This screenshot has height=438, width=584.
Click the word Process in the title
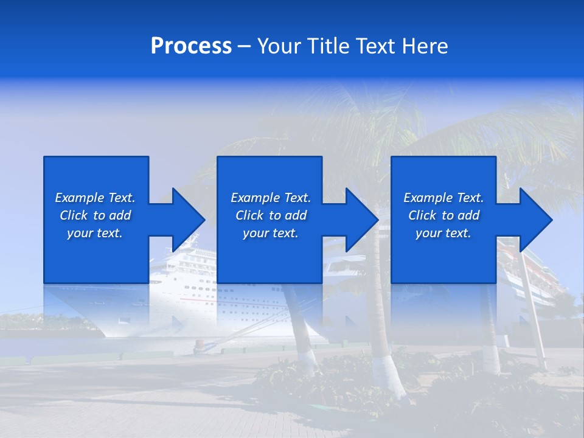pyautogui.click(x=191, y=46)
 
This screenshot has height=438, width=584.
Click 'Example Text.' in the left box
pyautogui.click(x=95, y=198)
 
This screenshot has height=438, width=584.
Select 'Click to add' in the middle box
pyautogui.click(x=271, y=215)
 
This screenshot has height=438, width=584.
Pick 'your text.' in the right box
pyautogui.click(x=443, y=233)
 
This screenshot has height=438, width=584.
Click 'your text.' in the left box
pyautogui.click(x=95, y=233)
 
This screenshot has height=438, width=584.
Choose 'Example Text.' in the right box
pyautogui.click(x=443, y=198)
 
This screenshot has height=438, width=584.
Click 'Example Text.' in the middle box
pyautogui.click(x=271, y=198)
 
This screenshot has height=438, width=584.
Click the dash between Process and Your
pyautogui.click(x=244, y=46)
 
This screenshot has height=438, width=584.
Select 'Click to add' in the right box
pyautogui.click(x=443, y=215)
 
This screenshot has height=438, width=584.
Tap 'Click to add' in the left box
pyautogui.click(x=95, y=215)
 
